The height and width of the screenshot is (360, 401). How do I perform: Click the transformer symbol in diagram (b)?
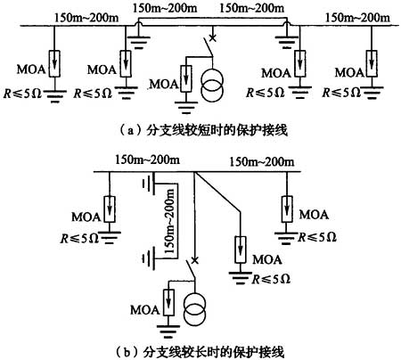coord(194,309)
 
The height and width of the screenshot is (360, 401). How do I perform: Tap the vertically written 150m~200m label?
coord(169,222)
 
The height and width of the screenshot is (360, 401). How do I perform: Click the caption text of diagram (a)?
coord(204,130)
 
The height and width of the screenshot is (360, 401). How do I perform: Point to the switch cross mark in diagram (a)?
coord(212,37)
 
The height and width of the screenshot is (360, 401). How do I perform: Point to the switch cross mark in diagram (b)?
coord(194,260)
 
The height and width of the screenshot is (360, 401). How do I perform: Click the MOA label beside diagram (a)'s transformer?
coord(164,85)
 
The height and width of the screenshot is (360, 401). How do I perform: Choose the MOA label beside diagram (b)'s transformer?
coord(145,310)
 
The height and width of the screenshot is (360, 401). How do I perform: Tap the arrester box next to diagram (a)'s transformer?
coord(186,78)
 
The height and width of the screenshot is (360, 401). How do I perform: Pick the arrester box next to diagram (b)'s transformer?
coord(168,302)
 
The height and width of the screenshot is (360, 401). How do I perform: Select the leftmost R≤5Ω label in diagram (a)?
coord(23,94)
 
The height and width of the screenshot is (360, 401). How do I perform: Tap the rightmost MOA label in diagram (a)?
coord(349,72)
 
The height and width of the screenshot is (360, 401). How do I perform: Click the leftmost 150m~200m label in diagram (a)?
coord(86,18)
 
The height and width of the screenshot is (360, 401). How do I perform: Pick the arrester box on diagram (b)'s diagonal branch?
coord(240,250)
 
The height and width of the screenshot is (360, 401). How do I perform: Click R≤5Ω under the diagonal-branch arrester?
coord(271,279)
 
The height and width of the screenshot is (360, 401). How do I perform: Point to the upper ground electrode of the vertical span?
coord(150,184)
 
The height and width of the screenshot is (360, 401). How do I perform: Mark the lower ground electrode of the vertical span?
coord(150,259)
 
